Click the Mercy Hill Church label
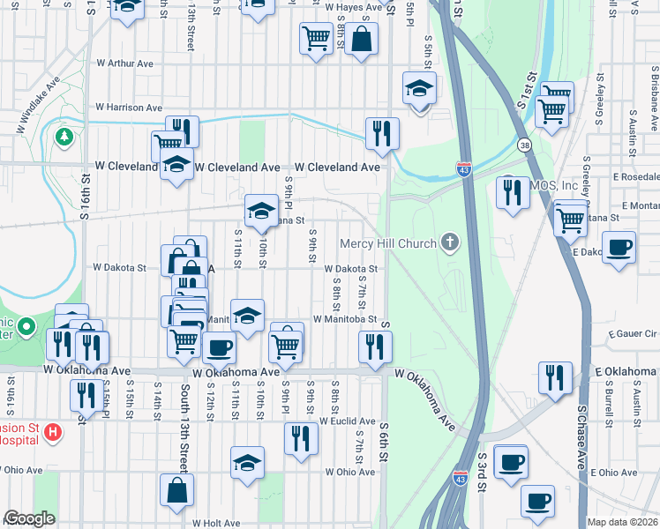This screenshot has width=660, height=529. (388, 243)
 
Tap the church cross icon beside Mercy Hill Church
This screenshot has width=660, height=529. (450, 242)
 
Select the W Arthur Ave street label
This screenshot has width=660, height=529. (125, 63)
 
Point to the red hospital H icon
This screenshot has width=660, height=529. (53, 433)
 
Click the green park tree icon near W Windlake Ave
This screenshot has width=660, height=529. (64, 137)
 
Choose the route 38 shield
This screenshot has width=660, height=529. (526, 145)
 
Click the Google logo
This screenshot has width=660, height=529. (29, 518)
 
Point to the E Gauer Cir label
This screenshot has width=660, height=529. (634, 335)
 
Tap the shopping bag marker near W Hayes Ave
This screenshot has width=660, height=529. (361, 39)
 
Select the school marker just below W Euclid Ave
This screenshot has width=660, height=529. (247, 461)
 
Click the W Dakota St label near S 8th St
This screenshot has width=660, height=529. (350, 269)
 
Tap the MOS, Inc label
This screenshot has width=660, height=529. (554, 187)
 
